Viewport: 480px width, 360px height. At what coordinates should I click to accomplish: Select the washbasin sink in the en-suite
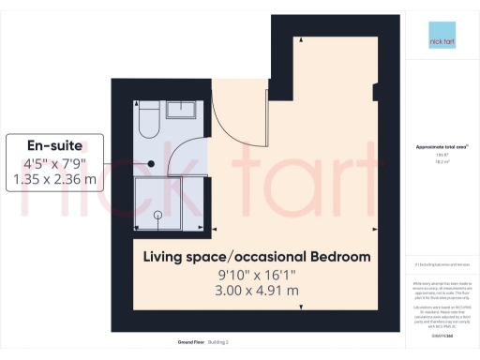[x=182, y=110]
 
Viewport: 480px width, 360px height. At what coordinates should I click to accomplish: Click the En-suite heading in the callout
[x=54, y=145]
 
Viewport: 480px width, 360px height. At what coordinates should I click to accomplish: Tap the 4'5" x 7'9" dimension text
[x=54, y=162]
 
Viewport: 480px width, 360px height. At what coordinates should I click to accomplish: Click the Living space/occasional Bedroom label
[x=256, y=256]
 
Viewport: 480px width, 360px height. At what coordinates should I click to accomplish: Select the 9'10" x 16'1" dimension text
[x=256, y=274]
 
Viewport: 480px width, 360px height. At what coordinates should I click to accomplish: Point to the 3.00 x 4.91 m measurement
[x=256, y=291]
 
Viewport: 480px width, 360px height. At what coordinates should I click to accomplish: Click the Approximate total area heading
[x=441, y=147]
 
